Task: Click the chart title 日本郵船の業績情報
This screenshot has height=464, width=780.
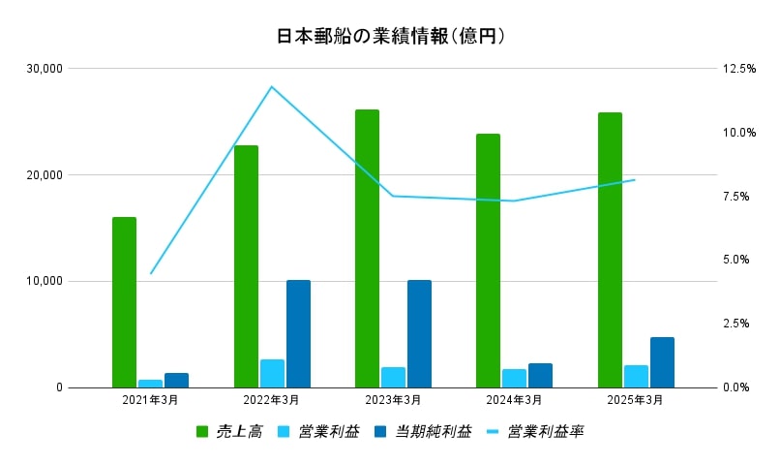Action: coord(390,36)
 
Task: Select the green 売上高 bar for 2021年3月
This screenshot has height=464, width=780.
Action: coord(124,302)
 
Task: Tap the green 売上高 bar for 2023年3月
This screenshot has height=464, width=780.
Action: coord(367,249)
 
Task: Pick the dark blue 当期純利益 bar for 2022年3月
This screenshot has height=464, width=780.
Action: coord(298,334)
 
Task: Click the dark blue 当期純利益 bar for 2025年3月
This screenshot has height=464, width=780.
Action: coord(662,362)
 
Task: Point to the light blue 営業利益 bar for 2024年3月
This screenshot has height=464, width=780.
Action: coord(514,378)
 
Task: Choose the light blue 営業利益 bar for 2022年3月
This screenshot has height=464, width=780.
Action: coord(272,373)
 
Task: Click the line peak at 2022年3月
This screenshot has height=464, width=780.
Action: coord(272,86)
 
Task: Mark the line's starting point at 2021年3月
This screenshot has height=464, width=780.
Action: coord(151,273)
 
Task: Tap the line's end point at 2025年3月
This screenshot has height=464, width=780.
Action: coord(635,179)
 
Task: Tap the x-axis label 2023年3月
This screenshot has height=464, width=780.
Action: coord(393,399)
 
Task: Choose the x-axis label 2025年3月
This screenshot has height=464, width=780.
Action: coord(636,399)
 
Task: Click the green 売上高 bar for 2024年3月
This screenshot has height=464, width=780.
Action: coord(488,261)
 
